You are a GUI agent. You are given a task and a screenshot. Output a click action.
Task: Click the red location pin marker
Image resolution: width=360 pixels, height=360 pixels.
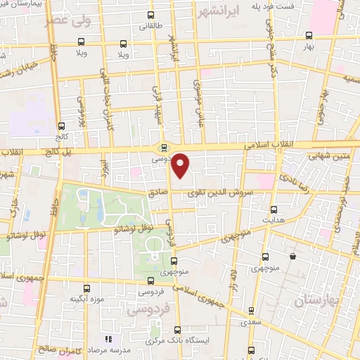(x=181, y=165)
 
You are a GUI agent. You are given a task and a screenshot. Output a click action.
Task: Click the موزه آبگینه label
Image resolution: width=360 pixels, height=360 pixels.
(x=82, y=299)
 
